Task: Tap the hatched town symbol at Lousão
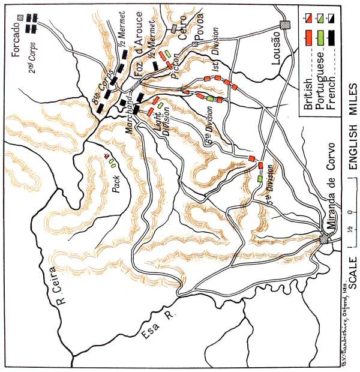coord(286,24)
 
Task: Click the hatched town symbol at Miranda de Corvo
coord(323,239)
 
